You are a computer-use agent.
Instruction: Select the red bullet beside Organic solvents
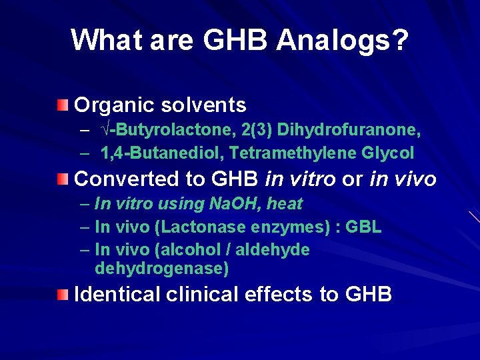61,105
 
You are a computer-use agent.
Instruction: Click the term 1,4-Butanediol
162,153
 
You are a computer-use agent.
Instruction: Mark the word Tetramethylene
293,153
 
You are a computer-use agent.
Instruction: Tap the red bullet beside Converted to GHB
61,179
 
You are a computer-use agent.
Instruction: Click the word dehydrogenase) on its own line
162,269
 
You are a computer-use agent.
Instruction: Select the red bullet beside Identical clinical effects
61,294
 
